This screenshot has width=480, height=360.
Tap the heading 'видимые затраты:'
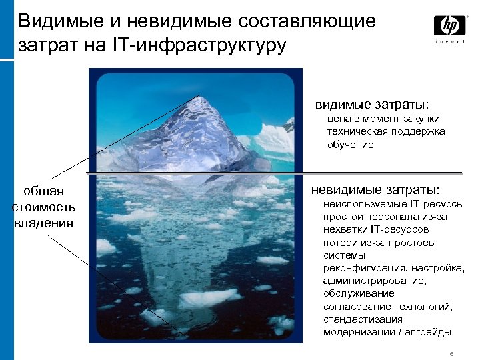(372, 105)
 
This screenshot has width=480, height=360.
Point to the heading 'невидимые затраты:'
(376, 190)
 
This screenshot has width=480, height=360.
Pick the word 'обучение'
(350, 145)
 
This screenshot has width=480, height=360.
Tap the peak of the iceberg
(199, 97)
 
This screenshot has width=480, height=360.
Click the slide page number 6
(452, 353)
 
